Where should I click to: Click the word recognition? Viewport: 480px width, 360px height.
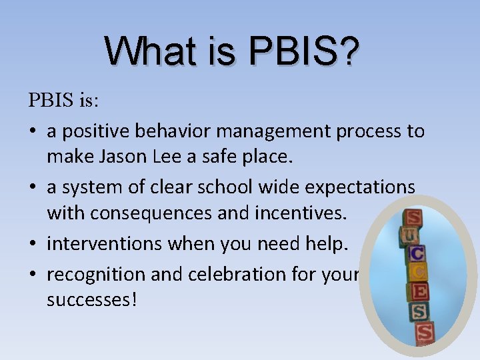coord(95,273)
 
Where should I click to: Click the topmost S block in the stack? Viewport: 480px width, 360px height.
coord(413,218)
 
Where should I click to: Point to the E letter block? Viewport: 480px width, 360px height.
coord(421,291)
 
